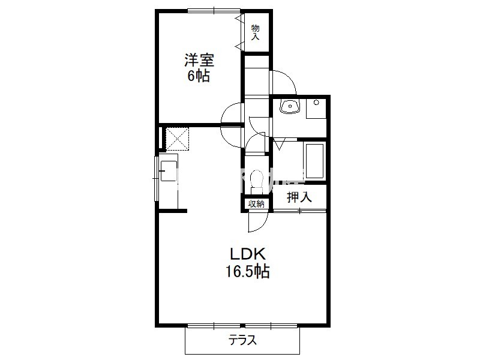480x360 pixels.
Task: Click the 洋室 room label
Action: pos(199,60)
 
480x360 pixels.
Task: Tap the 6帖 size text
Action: pos(199,76)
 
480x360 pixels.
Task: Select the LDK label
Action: pos(247,254)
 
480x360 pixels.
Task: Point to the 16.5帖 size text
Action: pos(247,271)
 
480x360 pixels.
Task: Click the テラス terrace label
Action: pos(242,340)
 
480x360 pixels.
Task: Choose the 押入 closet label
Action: pos(299,197)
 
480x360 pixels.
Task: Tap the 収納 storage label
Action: pos(256,204)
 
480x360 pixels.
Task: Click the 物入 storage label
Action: pos(256,32)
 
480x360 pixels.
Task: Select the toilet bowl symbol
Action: pos(257,181)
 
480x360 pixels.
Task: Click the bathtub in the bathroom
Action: pos(314,160)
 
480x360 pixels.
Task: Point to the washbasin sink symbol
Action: pos(290,107)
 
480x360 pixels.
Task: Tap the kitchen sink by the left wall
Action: pos(169,171)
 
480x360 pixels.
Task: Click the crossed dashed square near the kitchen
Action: pos(177,139)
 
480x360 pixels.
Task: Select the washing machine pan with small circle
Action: pos(316,109)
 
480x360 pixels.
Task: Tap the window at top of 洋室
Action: pos(214,11)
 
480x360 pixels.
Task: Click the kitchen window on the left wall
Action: pos(156,178)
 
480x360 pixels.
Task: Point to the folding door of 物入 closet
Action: pos(240,32)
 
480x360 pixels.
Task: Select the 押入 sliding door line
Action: pos(299,211)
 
